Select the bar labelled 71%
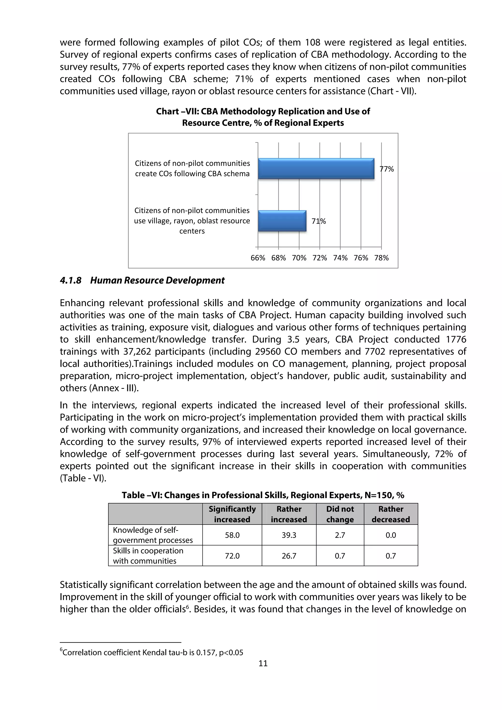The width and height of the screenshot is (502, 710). click(282, 221)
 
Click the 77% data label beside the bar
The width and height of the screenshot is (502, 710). click(387, 169)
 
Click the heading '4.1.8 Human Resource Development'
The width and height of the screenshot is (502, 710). click(142, 280)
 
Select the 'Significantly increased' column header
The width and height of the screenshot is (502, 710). click(232, 514)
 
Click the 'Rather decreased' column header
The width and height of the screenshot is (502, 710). click(391, 514)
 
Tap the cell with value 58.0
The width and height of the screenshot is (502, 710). click(232, 535)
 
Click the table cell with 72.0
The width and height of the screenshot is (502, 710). click(232, 556)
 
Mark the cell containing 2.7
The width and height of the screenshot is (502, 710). click(340, 535)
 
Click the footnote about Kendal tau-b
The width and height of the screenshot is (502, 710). click(151, 652)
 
